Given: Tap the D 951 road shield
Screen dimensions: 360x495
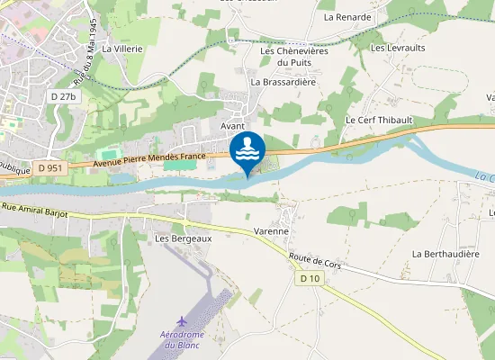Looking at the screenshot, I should click(51, 167).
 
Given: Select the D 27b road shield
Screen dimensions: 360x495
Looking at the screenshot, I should click(64, 95).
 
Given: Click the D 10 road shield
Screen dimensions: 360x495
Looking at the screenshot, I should click(310, 279).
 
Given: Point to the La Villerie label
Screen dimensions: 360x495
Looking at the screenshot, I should click(122, 49).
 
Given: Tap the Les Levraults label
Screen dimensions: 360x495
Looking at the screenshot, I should click(398, 47).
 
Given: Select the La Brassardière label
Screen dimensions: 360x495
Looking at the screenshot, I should click(283, 81).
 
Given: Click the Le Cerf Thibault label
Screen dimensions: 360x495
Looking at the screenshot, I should click(378, 120).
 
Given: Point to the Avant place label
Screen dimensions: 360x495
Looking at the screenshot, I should click(233, 127).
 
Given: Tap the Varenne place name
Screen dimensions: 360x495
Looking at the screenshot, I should click(271, 231).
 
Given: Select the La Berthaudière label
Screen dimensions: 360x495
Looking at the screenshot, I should click(443, 254).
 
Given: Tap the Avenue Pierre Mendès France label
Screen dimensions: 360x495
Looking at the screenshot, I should click(149, 159).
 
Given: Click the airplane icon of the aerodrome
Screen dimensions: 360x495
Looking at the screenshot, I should click(183, 321).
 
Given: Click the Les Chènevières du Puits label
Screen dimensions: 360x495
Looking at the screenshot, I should click(294, 57).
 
